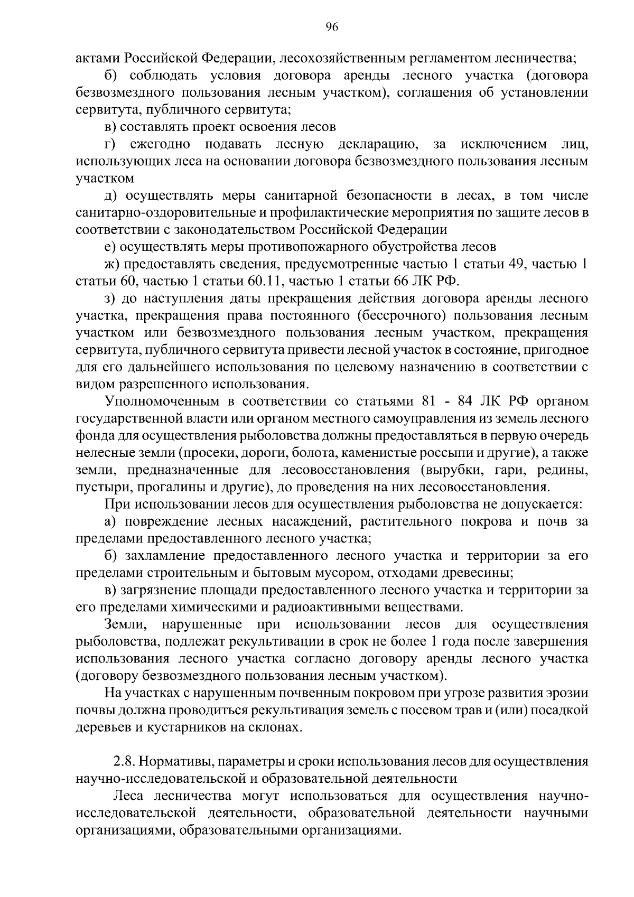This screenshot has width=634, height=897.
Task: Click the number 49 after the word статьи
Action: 510,264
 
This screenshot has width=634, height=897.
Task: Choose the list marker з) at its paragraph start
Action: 110,298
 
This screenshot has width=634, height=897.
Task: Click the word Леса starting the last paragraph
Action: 128,797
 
